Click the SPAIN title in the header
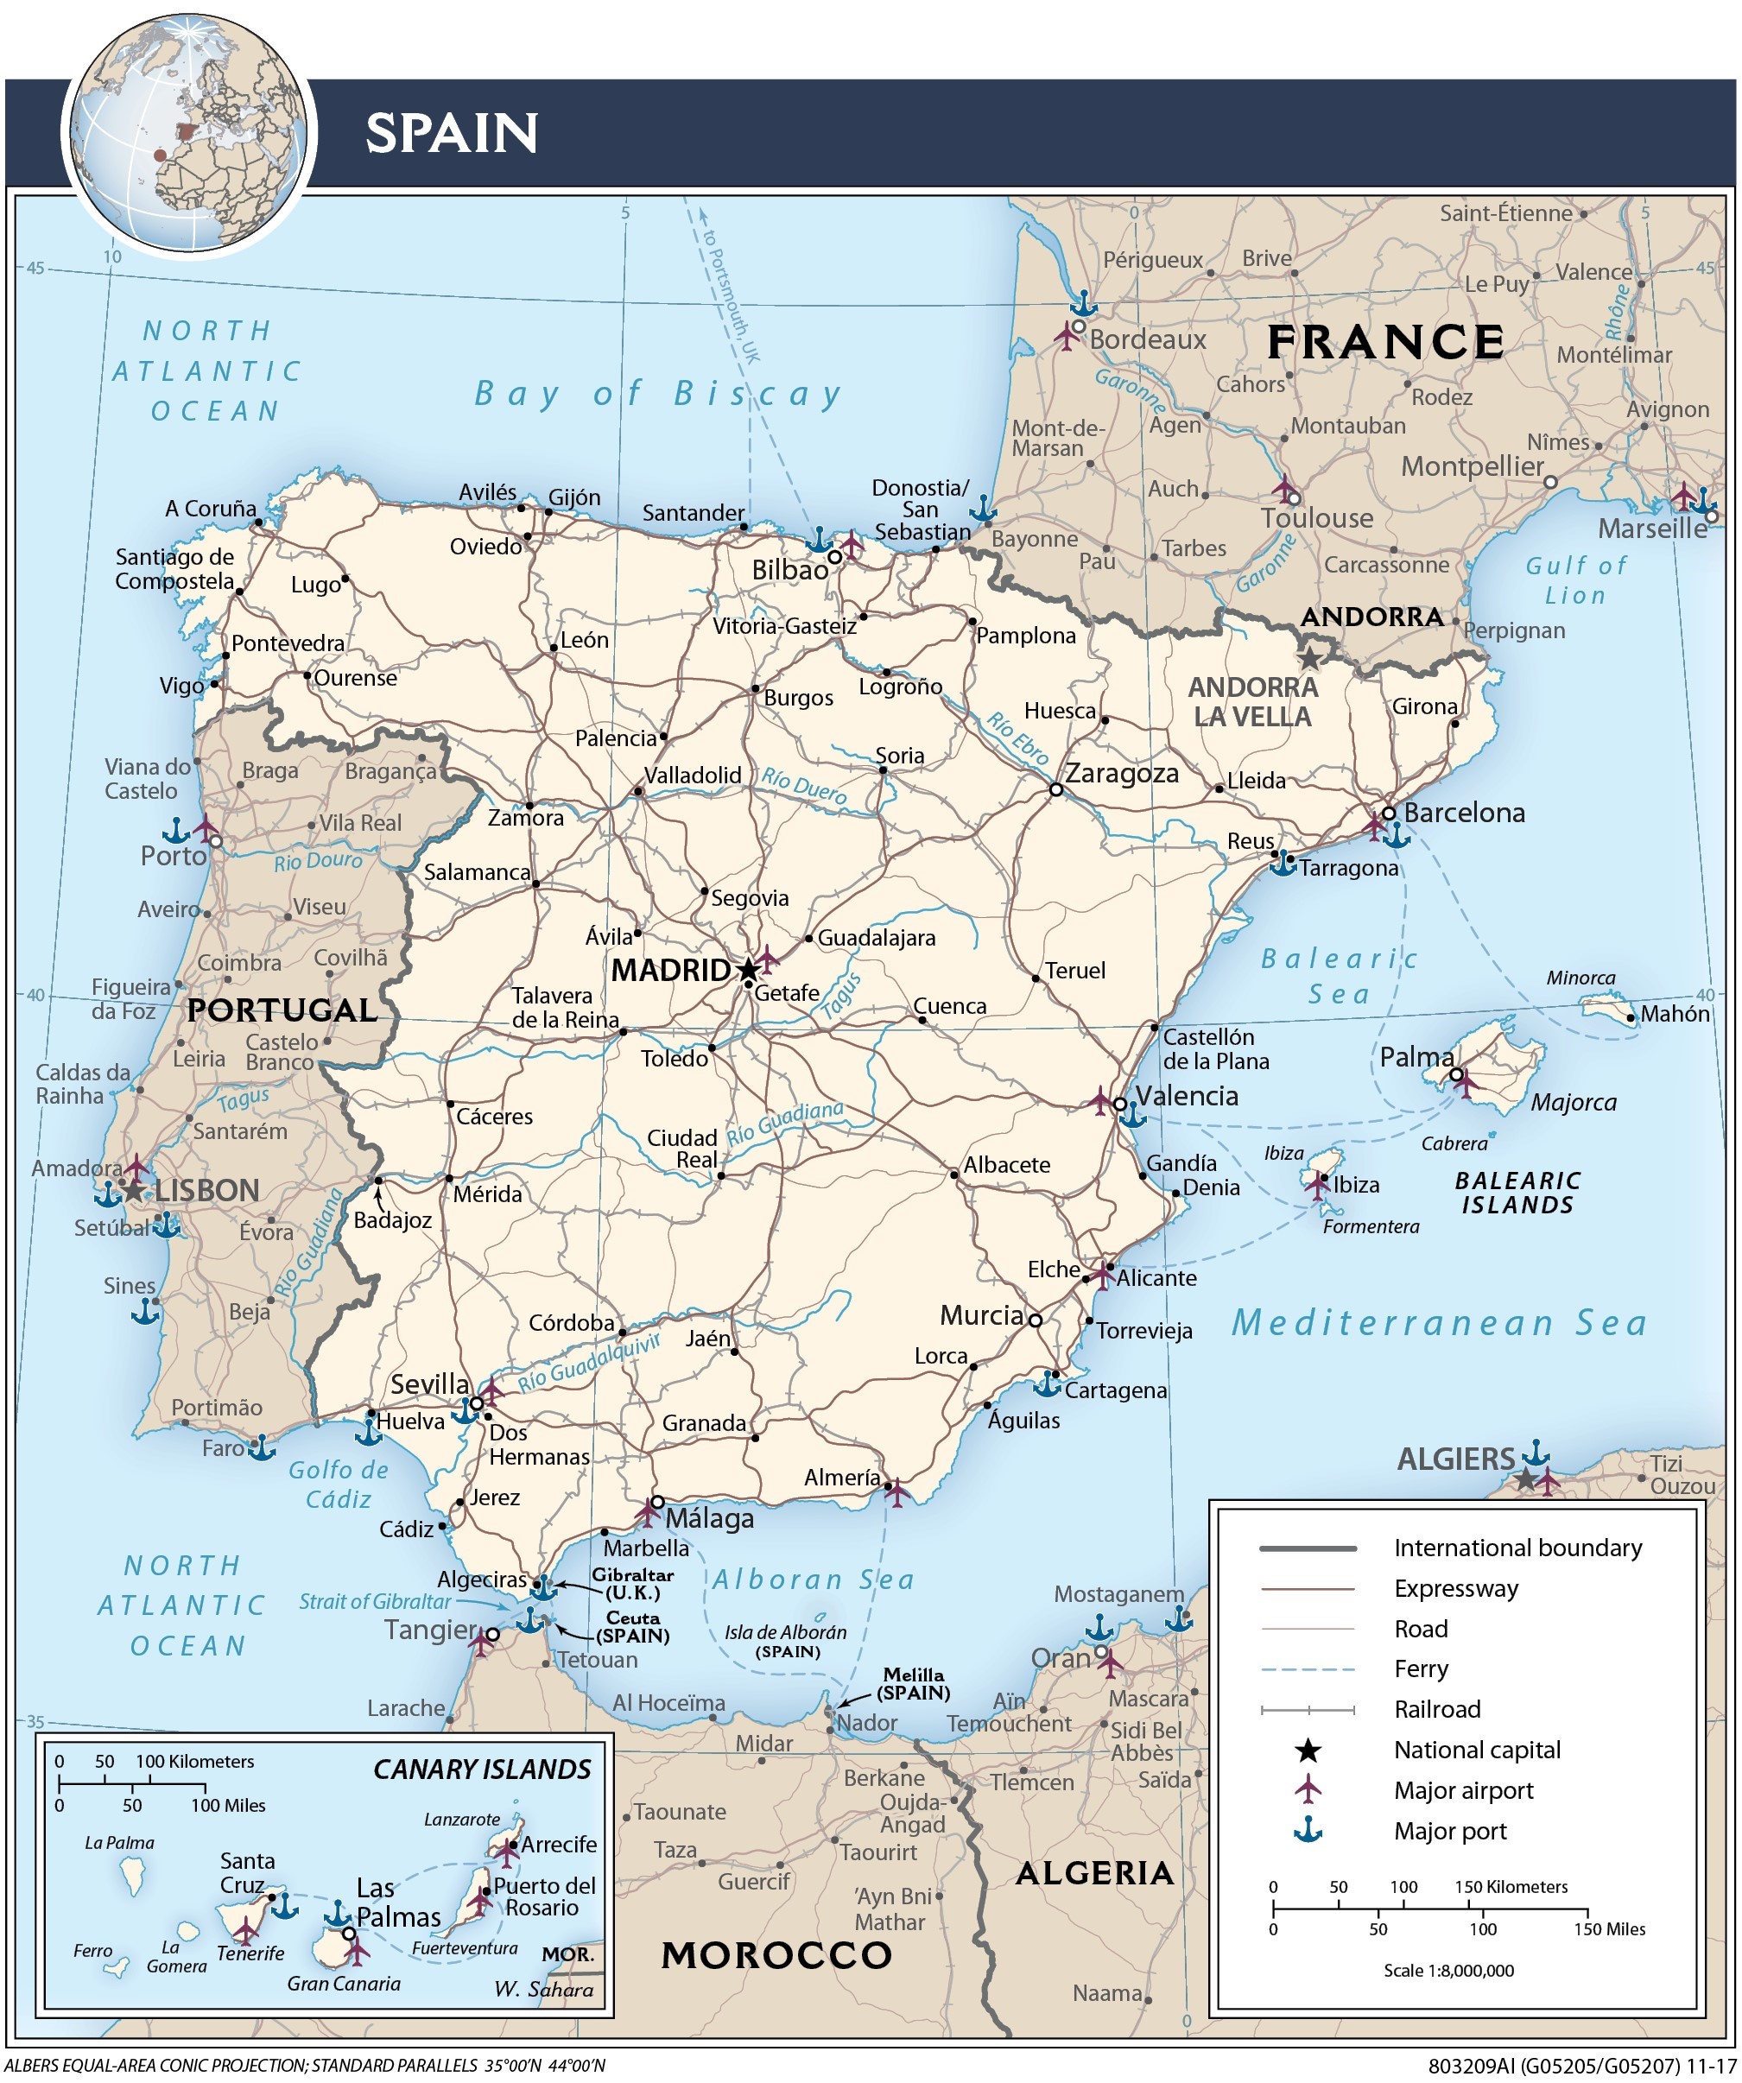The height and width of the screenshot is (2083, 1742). [x=452, y=133]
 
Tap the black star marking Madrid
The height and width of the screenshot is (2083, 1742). [x=748, y=970]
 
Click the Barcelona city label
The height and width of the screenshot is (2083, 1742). [x=1463, y=814]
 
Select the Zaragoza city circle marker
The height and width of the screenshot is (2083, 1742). [x=1056, y=789]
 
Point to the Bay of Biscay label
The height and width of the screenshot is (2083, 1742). [x=658, y=394]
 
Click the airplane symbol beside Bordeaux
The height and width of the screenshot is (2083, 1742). [x=1067, y=334]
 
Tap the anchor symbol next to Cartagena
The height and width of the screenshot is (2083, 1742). [x=1048, y=1383]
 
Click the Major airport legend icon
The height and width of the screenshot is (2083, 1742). [x=1308, y=1789]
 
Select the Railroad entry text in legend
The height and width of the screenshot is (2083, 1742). [x=1436, y=1709]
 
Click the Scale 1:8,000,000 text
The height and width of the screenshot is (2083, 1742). [x=1447, y=1970]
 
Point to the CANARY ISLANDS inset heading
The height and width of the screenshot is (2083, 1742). [x=481, y=1770]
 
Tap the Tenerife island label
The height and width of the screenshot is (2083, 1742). [x=250, y=1953]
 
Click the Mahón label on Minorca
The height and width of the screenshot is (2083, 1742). [x=1675, y=1014]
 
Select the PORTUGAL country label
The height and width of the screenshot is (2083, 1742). [x=282, y=1010]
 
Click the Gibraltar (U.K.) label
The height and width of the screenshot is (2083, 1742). [x=632, y=1584]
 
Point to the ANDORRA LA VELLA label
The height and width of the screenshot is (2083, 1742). [x=1252, y=701]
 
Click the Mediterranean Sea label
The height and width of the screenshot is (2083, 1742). [x=1439, y=1323]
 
